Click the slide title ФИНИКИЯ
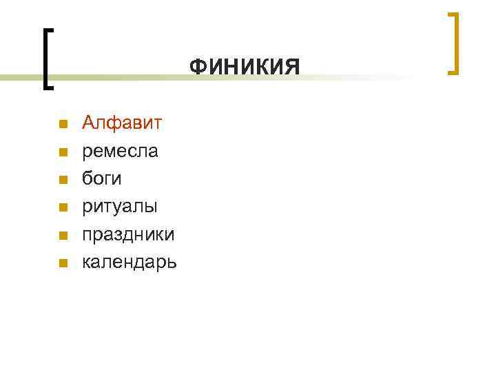[245, 68]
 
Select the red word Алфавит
[122, 123]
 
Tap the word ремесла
[120, 151]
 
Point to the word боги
[102, 178]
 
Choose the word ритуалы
[120, 207]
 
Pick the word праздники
[128, 234]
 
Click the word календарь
[130, 262]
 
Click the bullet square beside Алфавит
[63, 125]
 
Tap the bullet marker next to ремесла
[63, 152]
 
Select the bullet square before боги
[63, 180]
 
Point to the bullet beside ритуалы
[63, 207]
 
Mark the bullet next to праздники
[63, 235]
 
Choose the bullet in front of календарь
[63, 262]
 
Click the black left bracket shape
[46, 59]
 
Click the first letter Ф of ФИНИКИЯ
[196, 68]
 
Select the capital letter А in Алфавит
[88, 123]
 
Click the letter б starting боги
[87, 178]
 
